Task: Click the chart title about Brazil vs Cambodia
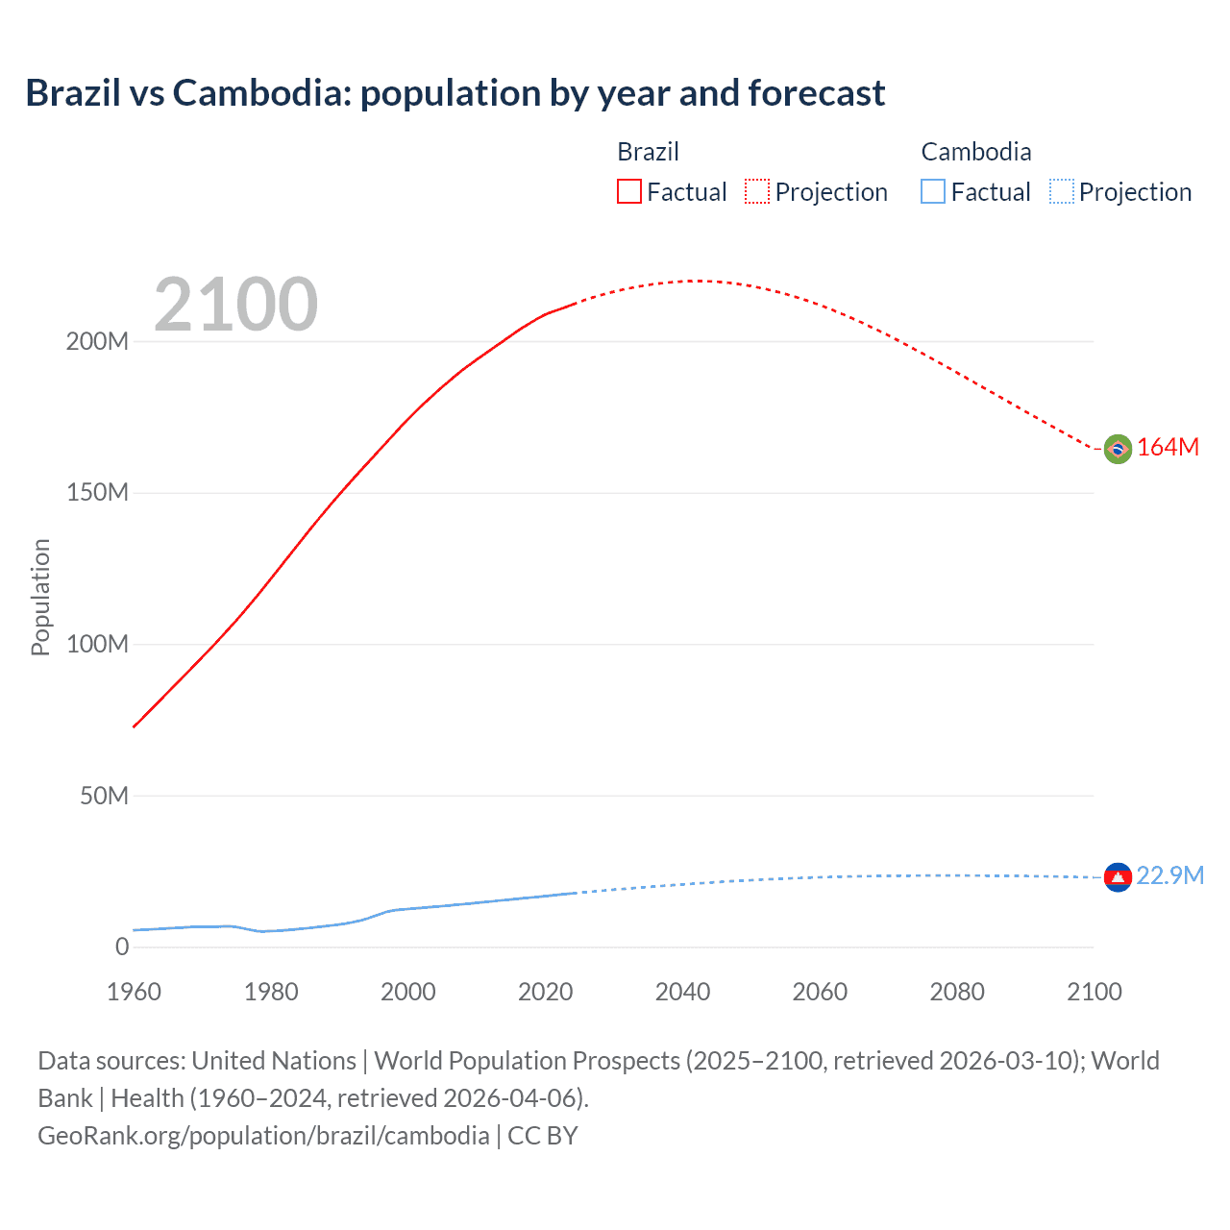tap(455, 93)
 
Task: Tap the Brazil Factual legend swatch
tap(628, 191)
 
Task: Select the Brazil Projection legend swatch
tap(757, 191)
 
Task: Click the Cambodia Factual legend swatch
tap(933, 191)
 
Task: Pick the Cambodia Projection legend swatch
tap(1062, 191)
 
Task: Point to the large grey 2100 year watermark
tap(235, 305)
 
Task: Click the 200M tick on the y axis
tap(97, 341)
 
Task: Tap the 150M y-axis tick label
tap(97, 493)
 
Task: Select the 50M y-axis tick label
tap(104, 796)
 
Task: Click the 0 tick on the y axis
tap(122, 947)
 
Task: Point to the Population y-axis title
tap(40, 597)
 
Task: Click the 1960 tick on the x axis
tap(134, 992)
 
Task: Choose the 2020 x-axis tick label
tap(545, 992)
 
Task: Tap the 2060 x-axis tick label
tap(820, 992)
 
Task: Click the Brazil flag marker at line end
tap(1117, 449)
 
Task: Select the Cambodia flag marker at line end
tap(1117, 876)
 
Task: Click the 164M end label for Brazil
tap(1168, 448)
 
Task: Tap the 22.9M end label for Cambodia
tap(1169, 875)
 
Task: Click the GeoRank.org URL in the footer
tap(263, 1136)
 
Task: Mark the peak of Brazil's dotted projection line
tap(696, 281)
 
